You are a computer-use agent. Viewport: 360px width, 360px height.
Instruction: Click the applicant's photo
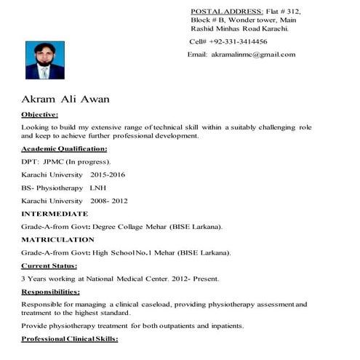click(44, 60)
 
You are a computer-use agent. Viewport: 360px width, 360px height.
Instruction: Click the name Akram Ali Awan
click(65, 100)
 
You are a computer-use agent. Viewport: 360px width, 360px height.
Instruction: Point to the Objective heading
click(40, 115)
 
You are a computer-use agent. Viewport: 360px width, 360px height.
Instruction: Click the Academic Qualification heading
click(64, 148)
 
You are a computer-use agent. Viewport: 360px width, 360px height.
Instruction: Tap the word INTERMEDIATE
click(55, 214)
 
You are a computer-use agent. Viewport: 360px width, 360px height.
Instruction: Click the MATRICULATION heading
click(57, 239)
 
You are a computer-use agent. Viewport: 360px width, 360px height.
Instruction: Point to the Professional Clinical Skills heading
click(69, 340)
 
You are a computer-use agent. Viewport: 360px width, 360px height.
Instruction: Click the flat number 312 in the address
click(292, 12)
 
